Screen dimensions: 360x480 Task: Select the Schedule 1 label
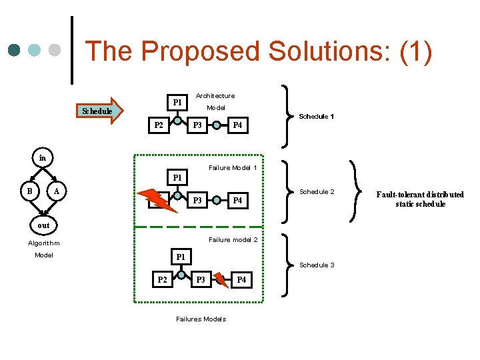(x=316, y=117)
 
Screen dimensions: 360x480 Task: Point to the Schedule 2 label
(x=317, y=192)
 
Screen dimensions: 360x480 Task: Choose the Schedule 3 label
(x=317, y=265)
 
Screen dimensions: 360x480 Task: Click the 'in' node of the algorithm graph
(x=43, y=159)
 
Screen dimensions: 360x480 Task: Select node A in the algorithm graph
(x=57, y=192)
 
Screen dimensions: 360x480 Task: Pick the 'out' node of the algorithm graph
(x=43, y=225)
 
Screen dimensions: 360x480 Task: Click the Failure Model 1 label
(x=233, y=167)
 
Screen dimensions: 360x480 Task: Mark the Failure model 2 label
(x=233, y=240)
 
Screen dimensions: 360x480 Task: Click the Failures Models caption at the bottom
(x=201, y=319)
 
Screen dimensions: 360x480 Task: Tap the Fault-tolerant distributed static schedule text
(x=420, y=199)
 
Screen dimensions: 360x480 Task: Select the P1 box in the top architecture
(x=177, y=103)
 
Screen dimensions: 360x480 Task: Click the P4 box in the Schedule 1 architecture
(x=237, y=125)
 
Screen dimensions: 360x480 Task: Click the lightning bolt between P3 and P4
(x=222, y=280)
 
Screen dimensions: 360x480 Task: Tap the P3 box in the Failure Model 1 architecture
(x=197, y=201)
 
